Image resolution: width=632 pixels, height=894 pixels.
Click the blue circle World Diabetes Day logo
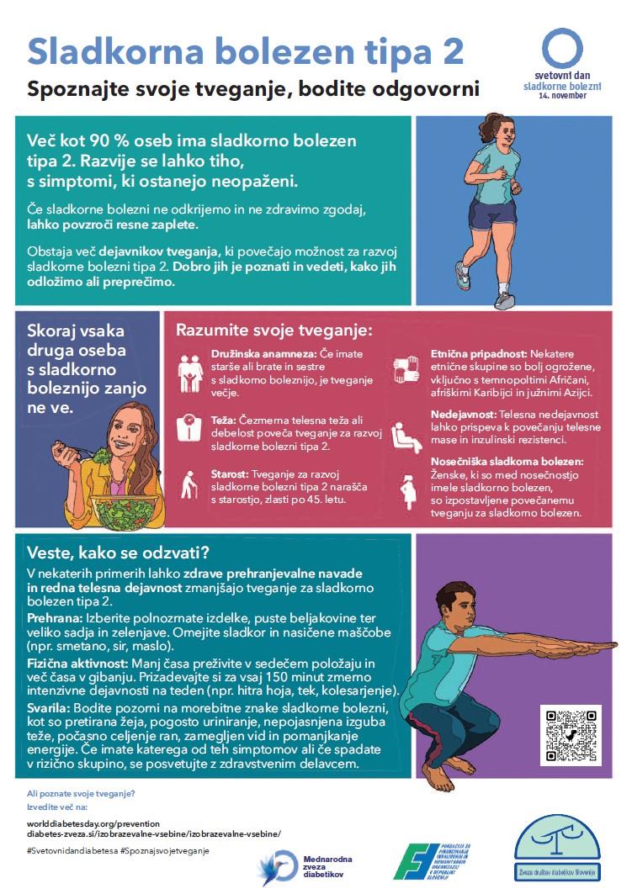[561, 48]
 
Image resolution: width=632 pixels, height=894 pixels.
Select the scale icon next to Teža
[190, 427]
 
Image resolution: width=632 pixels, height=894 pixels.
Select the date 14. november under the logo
[563, 96]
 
